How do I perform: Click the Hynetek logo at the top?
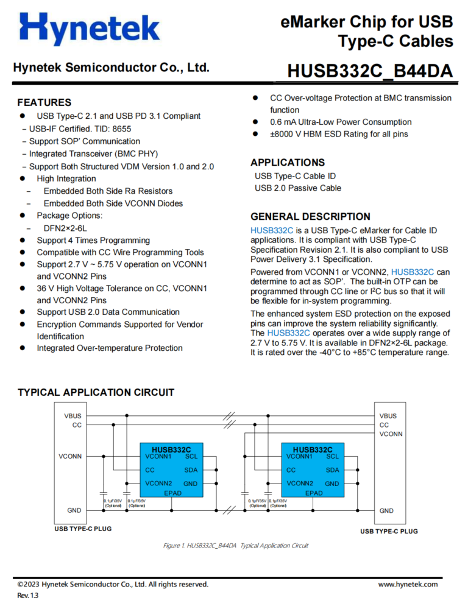click(90, 29)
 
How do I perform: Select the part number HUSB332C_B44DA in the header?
click(370, 71)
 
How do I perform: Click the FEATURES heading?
click(44, 102)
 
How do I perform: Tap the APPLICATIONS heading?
click(288, 163)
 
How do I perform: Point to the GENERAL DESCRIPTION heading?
click(310, 216)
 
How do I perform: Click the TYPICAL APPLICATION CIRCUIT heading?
click(96, 392)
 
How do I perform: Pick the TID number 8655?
click(121, 128)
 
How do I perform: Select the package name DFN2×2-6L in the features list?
click(66, 228)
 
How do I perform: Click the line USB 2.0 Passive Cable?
click(298, 188)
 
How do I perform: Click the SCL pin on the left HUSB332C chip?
click(191, 456)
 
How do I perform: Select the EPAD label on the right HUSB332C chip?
click(314, 493)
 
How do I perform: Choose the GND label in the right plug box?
click(386, 511)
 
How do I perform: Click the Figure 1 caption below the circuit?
click(236, 546)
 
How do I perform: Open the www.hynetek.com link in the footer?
click(408, 585)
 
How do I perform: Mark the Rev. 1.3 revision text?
click(27, 596)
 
